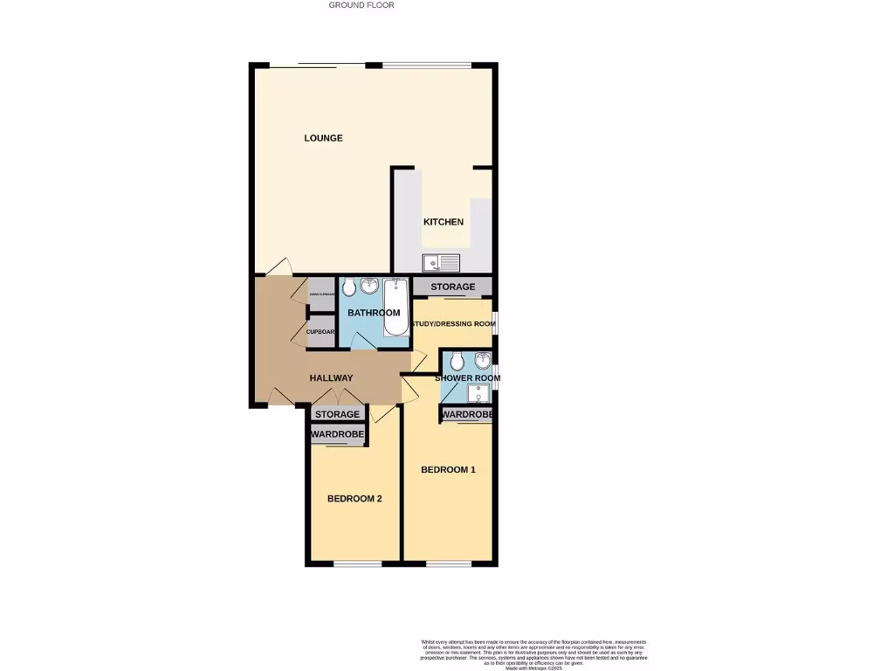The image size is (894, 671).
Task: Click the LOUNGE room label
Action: (323, 138)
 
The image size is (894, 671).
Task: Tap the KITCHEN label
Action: (444, 222)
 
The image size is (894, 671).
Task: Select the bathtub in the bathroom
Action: (395, 307)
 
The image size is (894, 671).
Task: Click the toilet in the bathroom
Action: (349, 287)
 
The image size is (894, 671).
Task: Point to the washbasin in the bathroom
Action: (368, 286)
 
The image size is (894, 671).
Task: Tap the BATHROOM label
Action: (374, 313)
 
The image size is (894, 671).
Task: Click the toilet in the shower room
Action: (457, 361)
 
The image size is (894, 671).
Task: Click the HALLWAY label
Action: (331, 378)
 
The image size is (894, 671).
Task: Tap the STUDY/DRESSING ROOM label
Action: (453, 324)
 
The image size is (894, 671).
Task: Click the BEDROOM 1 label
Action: (448, 470)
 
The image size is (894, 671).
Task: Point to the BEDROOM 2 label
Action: (354, 499)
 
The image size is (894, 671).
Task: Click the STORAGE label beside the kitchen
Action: (452, 287)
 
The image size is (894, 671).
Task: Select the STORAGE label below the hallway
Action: (337, 414)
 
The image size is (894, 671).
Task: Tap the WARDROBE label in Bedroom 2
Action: (338, 432)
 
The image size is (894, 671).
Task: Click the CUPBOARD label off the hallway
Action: (320, 332)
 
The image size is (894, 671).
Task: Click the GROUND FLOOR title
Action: (361, 5)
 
